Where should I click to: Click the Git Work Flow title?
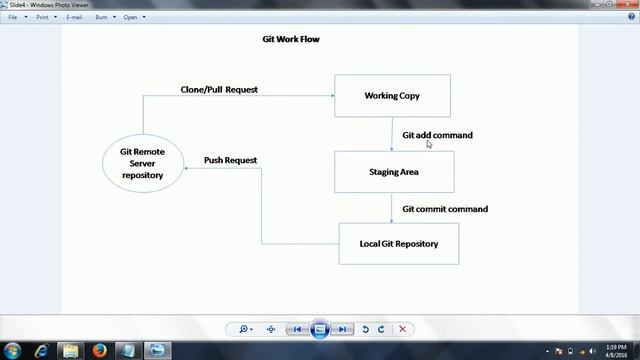[284, 40]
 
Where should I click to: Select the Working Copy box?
[392, 96]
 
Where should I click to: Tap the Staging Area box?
[394, 172]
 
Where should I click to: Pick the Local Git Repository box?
[398, 243]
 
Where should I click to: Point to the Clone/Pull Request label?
[219, 90]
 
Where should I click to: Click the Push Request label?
[230, 160]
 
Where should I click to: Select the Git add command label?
[437, 135]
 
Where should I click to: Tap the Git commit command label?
[445, 209]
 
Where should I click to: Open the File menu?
[13, 17]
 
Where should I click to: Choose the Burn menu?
[103, 17]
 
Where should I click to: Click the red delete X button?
[402, 329]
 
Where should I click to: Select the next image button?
[342, 329]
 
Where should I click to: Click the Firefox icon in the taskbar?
[100, 350]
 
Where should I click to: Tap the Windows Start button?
[13, 350]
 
